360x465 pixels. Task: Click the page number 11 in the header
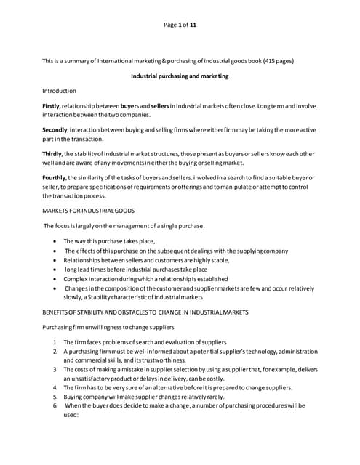[x=193, y=25]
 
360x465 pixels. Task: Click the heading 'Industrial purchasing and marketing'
[x=180, y=76]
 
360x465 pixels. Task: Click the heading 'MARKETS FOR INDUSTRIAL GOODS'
[x=89, y=211]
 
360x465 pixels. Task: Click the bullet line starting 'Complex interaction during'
[x=145, y=279]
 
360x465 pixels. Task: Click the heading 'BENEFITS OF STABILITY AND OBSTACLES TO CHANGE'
[x=145, y=312]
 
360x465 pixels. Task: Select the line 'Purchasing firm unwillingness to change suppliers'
[x=111, y=327]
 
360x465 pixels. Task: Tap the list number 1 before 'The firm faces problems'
[x=56, y=342]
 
